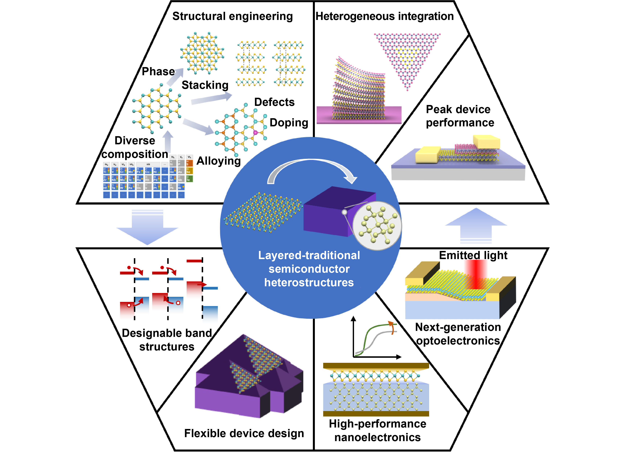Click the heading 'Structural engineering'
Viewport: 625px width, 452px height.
tap(232, 16)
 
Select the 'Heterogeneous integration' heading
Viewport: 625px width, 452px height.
tap(385, 16)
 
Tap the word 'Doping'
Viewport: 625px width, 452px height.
tap(289, 123)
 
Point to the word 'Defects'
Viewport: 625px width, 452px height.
tap(274, 102)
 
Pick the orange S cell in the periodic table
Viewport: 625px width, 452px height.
tap(189, 163)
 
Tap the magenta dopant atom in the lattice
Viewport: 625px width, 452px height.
tap(255, 133)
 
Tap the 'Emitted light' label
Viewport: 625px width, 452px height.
tap(473, 255)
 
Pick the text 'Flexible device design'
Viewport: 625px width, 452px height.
tap(244, 434)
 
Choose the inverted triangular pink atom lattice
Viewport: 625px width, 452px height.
tap(407, 58)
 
